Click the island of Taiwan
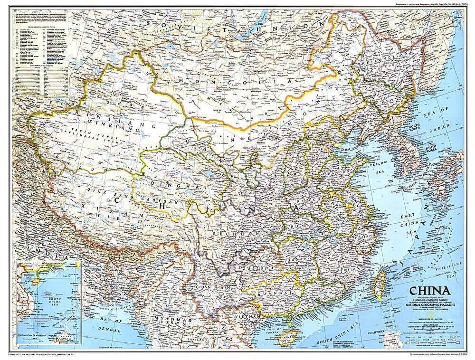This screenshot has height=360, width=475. click(x=380, y=285)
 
